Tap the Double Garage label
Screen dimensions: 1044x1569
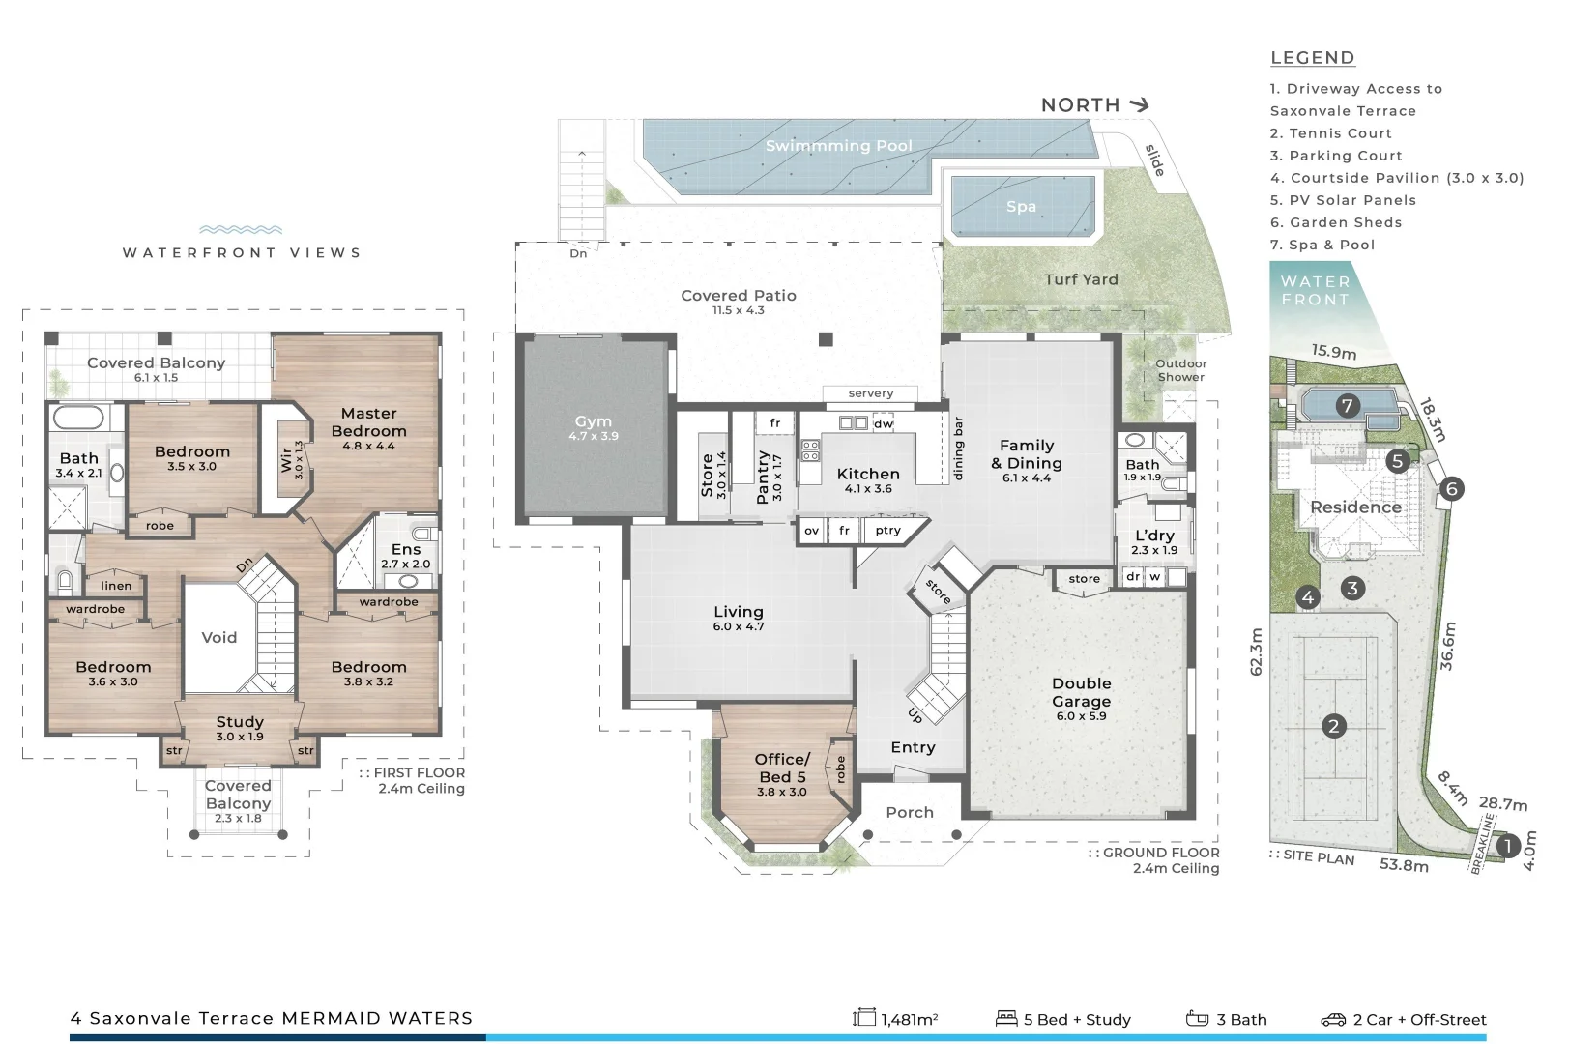pyautogui.click(x=1081, y=692)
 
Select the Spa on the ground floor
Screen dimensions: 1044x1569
pyautogui.click(x=1021, y=206)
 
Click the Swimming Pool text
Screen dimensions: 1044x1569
pyautogui.click(x=838, y=146)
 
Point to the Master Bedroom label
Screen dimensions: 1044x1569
pyautogui.click(x=368, y=422)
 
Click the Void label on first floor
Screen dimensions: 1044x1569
pyautogui.click(x=218, y=637)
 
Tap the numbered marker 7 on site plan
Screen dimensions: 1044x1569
pyautogui.click(x=1347, y=406)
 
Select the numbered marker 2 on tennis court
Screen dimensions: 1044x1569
pyautogui.click(x=1334, y=726)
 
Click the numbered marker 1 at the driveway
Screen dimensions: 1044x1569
pyautogui.click(x=1507, y=847)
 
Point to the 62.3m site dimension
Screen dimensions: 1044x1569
pyautogui.click(x=1256, y=652)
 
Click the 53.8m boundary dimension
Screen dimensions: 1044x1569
pyautogui.click(x=1403, y=864)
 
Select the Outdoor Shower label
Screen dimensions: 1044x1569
pyautogui.click(x=1180, y=370)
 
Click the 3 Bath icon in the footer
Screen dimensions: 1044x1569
pyautogui.click(x=1197, y=1019)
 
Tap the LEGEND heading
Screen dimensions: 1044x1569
pyautogui.click(x=1312, y=58)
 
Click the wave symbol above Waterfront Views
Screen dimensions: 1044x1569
pyautogui.click(x=240, y=230)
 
